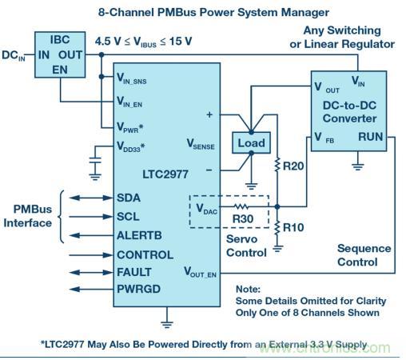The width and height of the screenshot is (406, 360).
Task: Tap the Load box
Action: pyautogui.click(x=249, y=142)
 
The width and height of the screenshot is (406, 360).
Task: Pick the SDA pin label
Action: pyautogui.click(x=131, y=198)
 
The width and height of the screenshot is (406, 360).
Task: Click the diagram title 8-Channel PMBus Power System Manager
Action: pyautogui.click(x=202, y=12)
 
